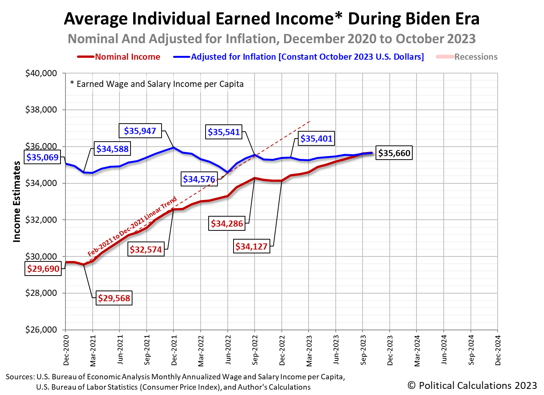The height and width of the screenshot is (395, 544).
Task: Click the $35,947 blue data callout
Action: pyautogui.click(x=140, y=131)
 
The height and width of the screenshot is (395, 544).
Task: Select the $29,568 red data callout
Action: pyautogui.click(x=114, y=298)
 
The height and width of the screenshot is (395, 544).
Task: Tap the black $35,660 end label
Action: pyautogui.click(x=394, y=153)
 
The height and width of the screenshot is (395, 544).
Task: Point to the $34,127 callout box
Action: pyautogui.click(x=251, y=246)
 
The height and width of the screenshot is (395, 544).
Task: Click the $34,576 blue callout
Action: pyautogui.click(x=199, y=179)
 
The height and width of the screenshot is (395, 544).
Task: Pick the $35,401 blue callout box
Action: pyautogui.click(x=316, y=139)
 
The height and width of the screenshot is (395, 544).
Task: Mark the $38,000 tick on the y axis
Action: pyautogui.click(x=41, y=110)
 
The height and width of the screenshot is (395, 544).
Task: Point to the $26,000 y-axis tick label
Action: pyautogui.click(x=41, y=330)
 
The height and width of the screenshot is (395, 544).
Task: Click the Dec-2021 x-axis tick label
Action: pyautogui.click(x=174, y=350)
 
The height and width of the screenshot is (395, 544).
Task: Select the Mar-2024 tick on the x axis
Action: pyautogui.click(x=417, y=350)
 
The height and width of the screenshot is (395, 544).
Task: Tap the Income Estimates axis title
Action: pyautogui.click(x=17, y=201)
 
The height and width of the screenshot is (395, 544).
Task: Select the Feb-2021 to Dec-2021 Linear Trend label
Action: pyautogui.click(x=132, y=227)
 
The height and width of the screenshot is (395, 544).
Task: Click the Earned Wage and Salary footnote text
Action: pyautogui.click(x=157, y=84)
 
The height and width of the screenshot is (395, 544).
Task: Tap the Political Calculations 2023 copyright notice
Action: pyautogui.click(x=472, y=385)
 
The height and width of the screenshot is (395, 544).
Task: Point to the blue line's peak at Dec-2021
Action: pyautogui.click(x=173, y=147)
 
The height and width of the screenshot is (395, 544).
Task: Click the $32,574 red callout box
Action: pyautogui.click(x=146, y=250)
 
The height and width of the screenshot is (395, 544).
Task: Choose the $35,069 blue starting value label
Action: pyautogui.click(x=42, y=157)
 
